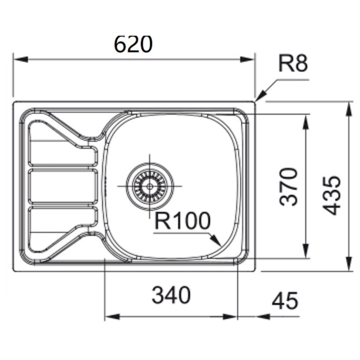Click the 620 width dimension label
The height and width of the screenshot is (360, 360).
coord(133,44)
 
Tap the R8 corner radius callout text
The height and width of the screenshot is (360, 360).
coord(293,63)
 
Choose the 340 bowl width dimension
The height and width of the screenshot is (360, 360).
coord(171,295)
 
